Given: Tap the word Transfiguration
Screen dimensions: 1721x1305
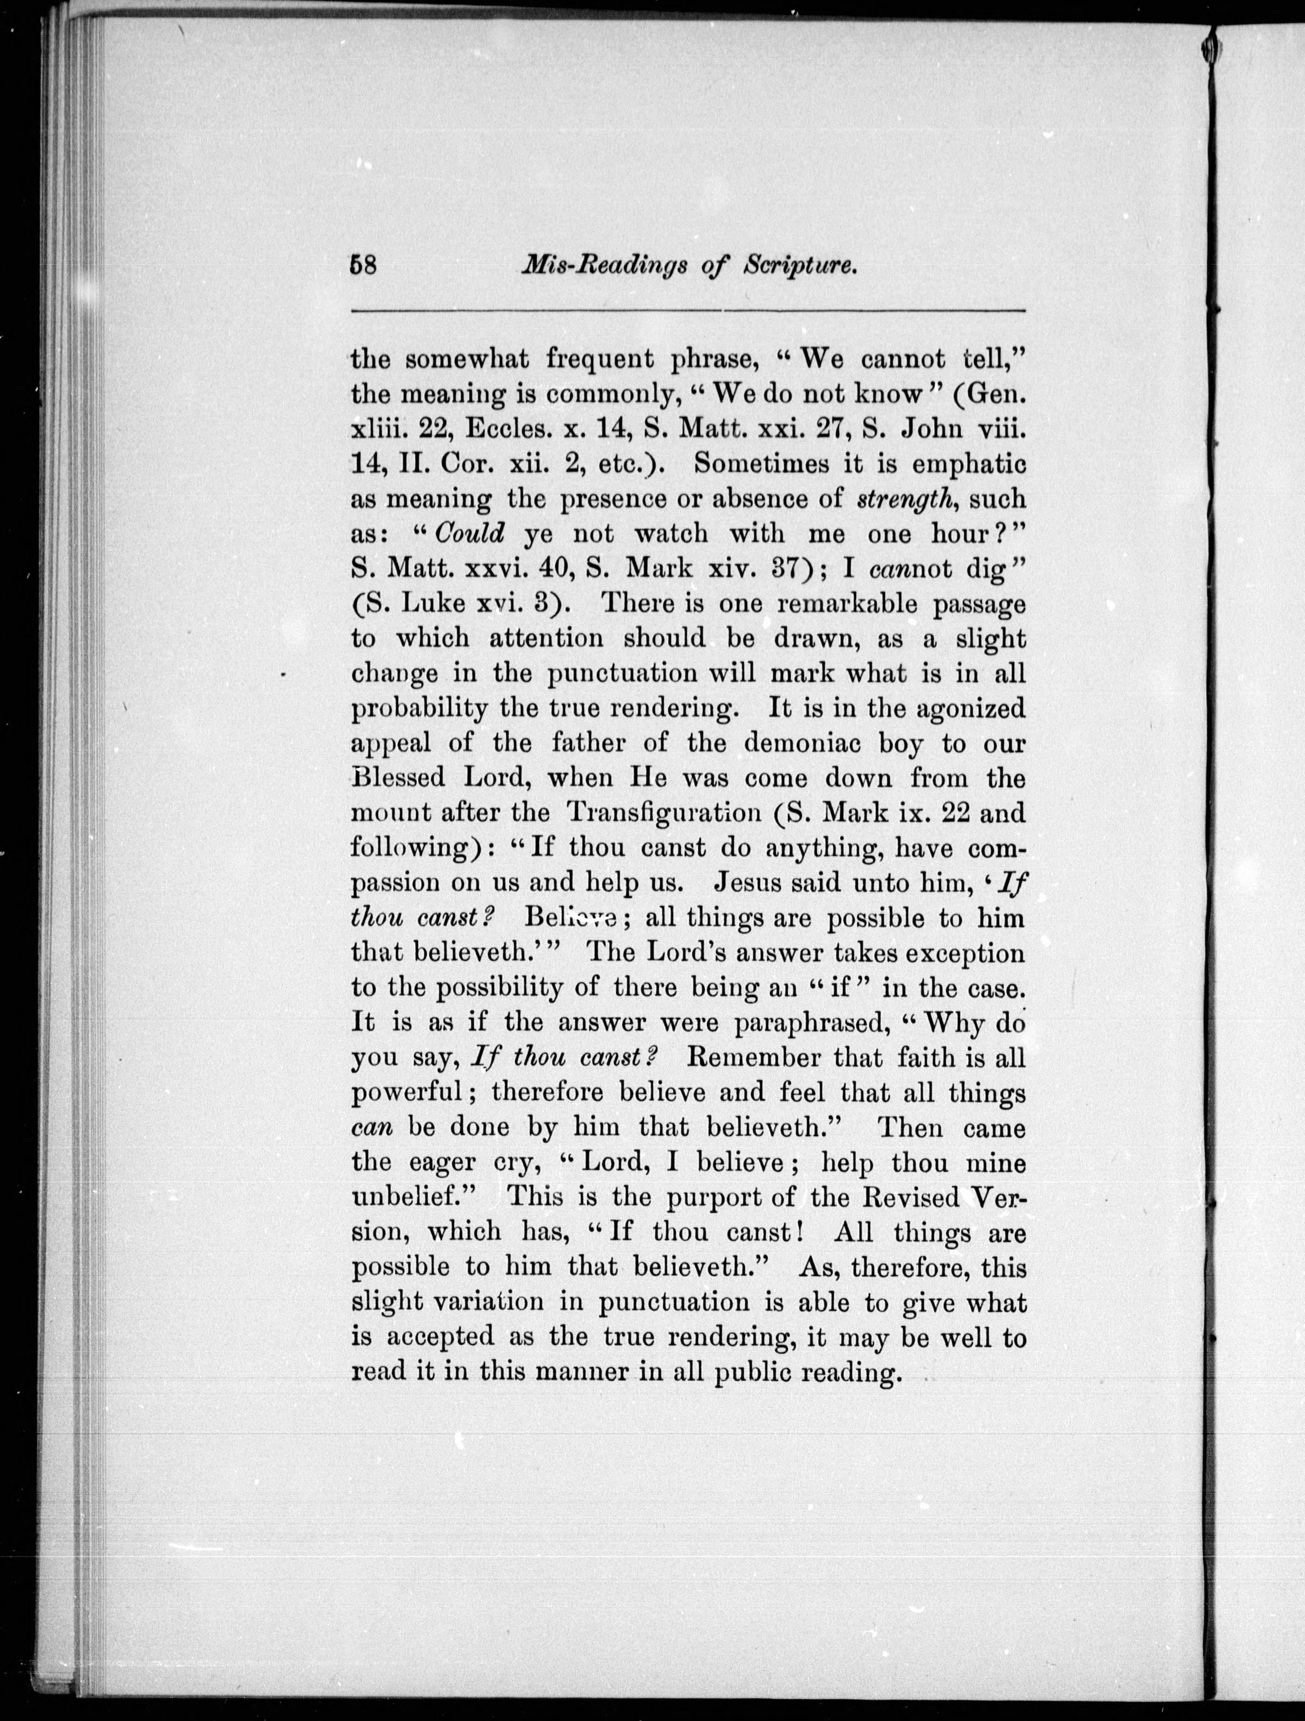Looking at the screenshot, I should pyautogui.click(x=664, y=813).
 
